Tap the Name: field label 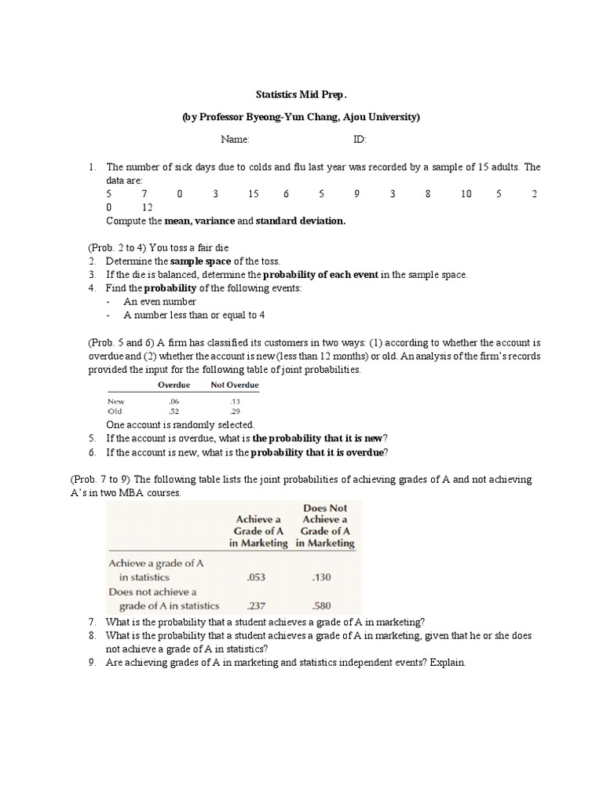coord(235,140)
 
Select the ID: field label coord(360,140)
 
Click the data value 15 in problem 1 coord(253,194)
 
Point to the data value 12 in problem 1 coord(147,207)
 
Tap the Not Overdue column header coord(234,386)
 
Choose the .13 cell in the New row coord(234,400)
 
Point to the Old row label coord(115,411)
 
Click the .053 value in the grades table coord(256,577)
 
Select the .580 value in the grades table coord(322,605)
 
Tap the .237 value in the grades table coord(256,605)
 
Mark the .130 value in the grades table coord(322,577)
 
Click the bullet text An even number coord(160,301)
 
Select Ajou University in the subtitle coord(382,117)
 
